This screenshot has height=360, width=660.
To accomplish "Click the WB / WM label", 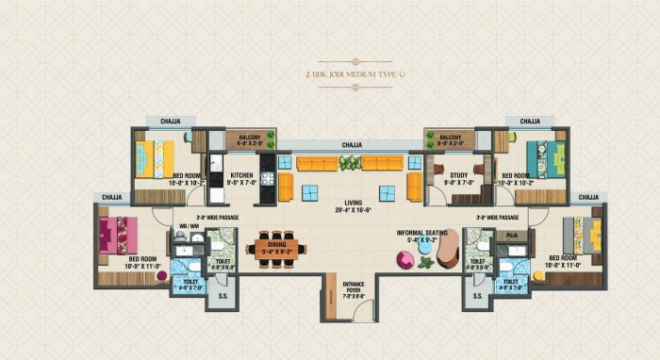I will coord(189,227).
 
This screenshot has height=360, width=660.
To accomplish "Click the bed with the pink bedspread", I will coord(119,234).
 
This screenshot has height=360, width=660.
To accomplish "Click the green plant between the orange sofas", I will coord(350,163).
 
